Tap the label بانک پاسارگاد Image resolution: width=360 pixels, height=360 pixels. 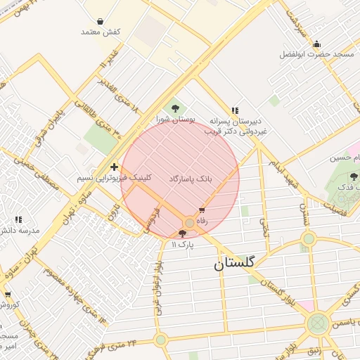(191, 179)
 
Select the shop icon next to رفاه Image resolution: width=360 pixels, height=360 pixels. (202, 210)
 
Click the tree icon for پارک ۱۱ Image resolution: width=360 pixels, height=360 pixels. (184, 233)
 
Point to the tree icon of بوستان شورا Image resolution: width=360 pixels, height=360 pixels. (175, 108)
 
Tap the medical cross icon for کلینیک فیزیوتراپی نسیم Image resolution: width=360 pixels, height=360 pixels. (114, 167)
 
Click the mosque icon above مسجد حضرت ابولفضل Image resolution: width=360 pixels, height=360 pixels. (316, 44)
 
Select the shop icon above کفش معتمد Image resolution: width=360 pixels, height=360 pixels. (101, 22)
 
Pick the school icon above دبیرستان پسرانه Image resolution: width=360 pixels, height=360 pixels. (235, 110)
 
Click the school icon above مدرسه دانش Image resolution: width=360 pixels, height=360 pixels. (18, 219)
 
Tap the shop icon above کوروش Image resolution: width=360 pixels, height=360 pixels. (8, 295)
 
